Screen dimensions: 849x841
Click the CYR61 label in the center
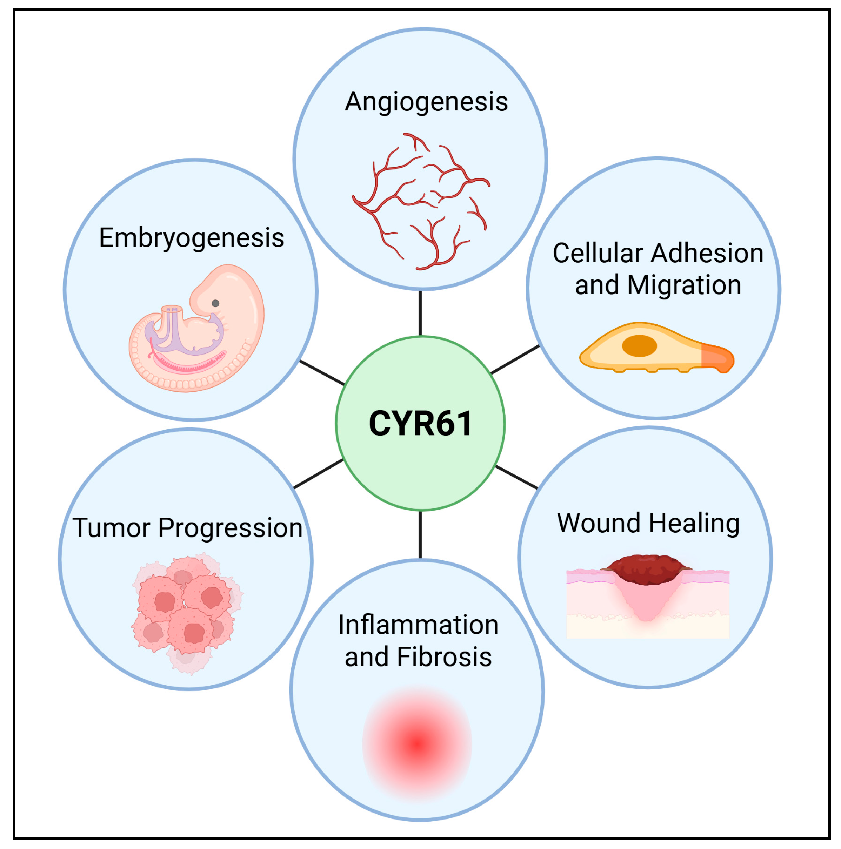420,424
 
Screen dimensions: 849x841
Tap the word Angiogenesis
426,102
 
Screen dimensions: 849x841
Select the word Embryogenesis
191,238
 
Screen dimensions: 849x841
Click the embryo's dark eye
215,303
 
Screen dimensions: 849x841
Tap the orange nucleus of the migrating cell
639,346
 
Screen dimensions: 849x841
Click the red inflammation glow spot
417,743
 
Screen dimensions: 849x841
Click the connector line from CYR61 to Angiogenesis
420,313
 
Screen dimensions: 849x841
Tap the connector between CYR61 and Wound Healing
516,477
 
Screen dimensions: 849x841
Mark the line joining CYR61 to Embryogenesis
322,373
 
